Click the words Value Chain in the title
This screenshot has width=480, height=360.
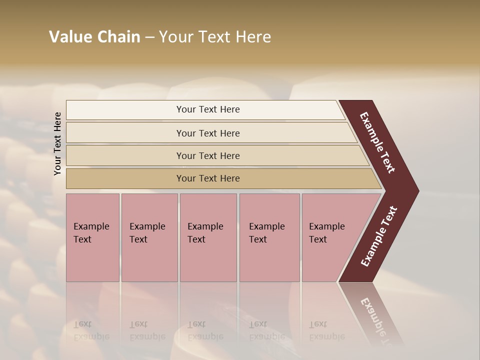(x=94, y=37)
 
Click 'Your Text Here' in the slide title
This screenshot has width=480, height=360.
(x=215, y=37)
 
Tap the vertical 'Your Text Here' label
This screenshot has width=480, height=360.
(x=57, y=143)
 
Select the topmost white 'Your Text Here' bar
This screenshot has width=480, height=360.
(x=207, y=109)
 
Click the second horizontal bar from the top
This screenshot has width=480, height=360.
(x=207, y=133)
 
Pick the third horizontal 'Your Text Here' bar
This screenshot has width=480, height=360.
(x=207, y=155)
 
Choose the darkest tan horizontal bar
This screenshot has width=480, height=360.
(x=207, y=178)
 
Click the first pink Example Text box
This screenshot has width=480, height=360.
(x=92, y=237)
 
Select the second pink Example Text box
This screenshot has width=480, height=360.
(x=149, y=237)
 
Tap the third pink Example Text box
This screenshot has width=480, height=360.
(x=207, y=237)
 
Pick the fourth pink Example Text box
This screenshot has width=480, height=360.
(x=269, y=237)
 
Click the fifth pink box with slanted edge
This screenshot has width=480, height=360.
(x=330, y=237)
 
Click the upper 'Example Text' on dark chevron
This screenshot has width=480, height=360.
(x=377, y=142)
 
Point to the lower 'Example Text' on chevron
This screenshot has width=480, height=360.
(x=378, y=236)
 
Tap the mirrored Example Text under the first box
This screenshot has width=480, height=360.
(x=91, y=330)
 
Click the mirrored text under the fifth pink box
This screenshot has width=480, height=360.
(x=326, y=330)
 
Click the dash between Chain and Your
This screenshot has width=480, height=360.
(x=149, y=37)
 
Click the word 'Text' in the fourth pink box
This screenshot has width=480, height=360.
(x=258, y=239)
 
